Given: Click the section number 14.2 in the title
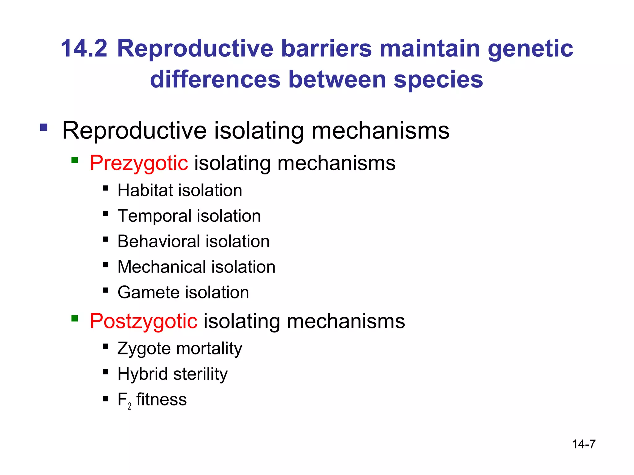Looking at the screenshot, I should point(84,49).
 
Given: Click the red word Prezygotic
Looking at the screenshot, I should point(139,164).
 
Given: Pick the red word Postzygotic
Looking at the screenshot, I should point(143,322).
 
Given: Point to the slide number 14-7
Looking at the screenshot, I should point(584,444).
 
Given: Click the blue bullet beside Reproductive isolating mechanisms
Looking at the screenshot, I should point(44,127).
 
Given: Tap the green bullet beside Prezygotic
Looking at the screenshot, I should point(74,160).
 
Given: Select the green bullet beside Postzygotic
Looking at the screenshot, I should point(74,318).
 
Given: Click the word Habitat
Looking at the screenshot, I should point(145,190).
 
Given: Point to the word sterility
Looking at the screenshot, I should point(200,374).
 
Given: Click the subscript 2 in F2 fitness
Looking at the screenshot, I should point(129,406).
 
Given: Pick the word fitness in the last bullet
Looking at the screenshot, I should point(161,400).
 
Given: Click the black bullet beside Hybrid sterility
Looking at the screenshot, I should point(106,371).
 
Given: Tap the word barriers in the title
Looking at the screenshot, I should point(326,49).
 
